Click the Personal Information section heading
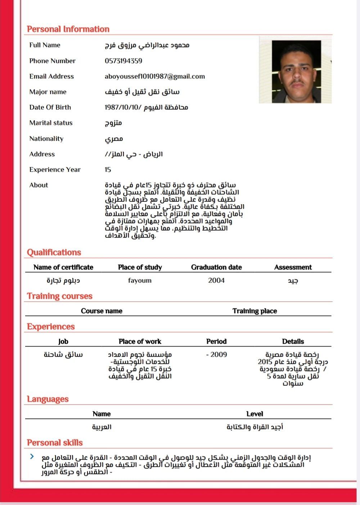coord(68,29)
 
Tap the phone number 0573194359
coord(123,61)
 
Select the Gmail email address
coord(155,76)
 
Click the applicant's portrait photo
coord(296,72)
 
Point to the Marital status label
coord(51,123)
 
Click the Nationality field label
coord(46,139)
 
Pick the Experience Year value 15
coord(108,170)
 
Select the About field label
coord(39,185)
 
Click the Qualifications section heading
coord(54,252)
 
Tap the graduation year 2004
coord(216,280)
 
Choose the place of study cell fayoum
coord(140,280)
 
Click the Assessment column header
coord(293,267)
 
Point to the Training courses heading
coord(60,296)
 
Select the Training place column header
coord(255,311)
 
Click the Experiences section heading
coord(51,326)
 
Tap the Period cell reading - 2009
coord(216,355)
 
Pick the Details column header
coord(293,341)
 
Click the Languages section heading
coord(48,399)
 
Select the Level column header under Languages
coord(255,414)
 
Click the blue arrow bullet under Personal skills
coord(32,456)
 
